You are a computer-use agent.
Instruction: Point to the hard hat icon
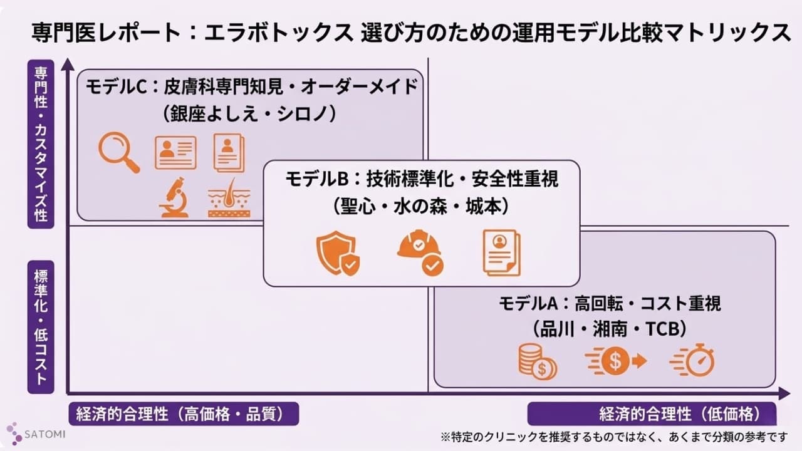420,254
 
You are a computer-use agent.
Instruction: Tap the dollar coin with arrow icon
615,361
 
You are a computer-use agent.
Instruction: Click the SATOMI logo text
46,433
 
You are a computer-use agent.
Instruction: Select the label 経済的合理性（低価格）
652,414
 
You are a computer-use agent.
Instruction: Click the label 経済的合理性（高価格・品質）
183,414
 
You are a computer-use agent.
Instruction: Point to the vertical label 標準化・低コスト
41,327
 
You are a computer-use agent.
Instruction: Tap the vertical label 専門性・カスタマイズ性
41,143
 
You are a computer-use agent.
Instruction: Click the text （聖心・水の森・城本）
420,207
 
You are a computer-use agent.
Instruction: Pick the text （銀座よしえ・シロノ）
250,113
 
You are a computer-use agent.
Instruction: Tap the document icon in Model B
501,252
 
